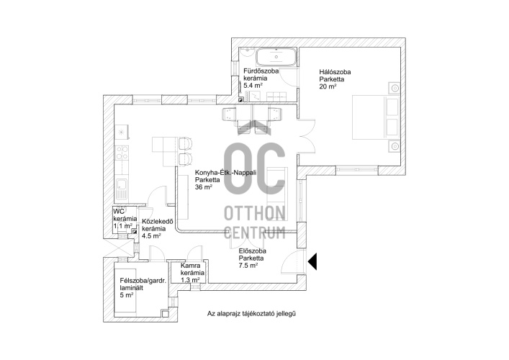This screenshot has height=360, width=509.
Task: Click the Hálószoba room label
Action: pyautogui.click(x=335, y=72)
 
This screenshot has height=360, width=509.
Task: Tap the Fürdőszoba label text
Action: pyautogui.click(x=261, y=71)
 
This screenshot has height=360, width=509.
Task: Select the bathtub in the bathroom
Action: pyautogui.click(x=276, y=58)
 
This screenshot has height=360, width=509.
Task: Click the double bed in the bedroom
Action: pyautogui.click(x=376, y=117)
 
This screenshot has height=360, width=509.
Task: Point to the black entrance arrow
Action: pyautogui.click(x=312, y=261)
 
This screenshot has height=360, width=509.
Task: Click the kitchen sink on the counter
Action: pyautogui.click(x=122, y=189)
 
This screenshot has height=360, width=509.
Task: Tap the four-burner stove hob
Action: pyautogui.click(x=122, y=153)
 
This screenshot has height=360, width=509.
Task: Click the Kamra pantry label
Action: pyautogui.click(x=191, y=266)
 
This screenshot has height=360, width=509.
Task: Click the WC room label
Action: pyautogui.click(x=119, y=212)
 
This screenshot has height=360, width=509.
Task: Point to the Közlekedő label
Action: pyautogui.click(x=158, y=222)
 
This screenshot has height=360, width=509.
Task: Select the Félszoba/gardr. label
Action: pyautogui.click(x=143, y=281)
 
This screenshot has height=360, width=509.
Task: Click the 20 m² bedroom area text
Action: pyautogui.click(x=328, y=86)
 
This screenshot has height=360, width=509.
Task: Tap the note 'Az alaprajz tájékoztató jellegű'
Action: pyautogui.click(x=251, y=314)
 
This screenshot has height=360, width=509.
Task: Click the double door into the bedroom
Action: pyautogui.click(x=307, y=136)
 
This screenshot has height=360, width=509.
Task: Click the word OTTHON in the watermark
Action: pyautogui.click(x=255, y=213)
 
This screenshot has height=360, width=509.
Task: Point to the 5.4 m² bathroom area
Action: pyautogui.click(x=253, y=86)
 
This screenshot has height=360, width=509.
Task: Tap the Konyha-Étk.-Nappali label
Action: pyautogui.click(x=225, y=173)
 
